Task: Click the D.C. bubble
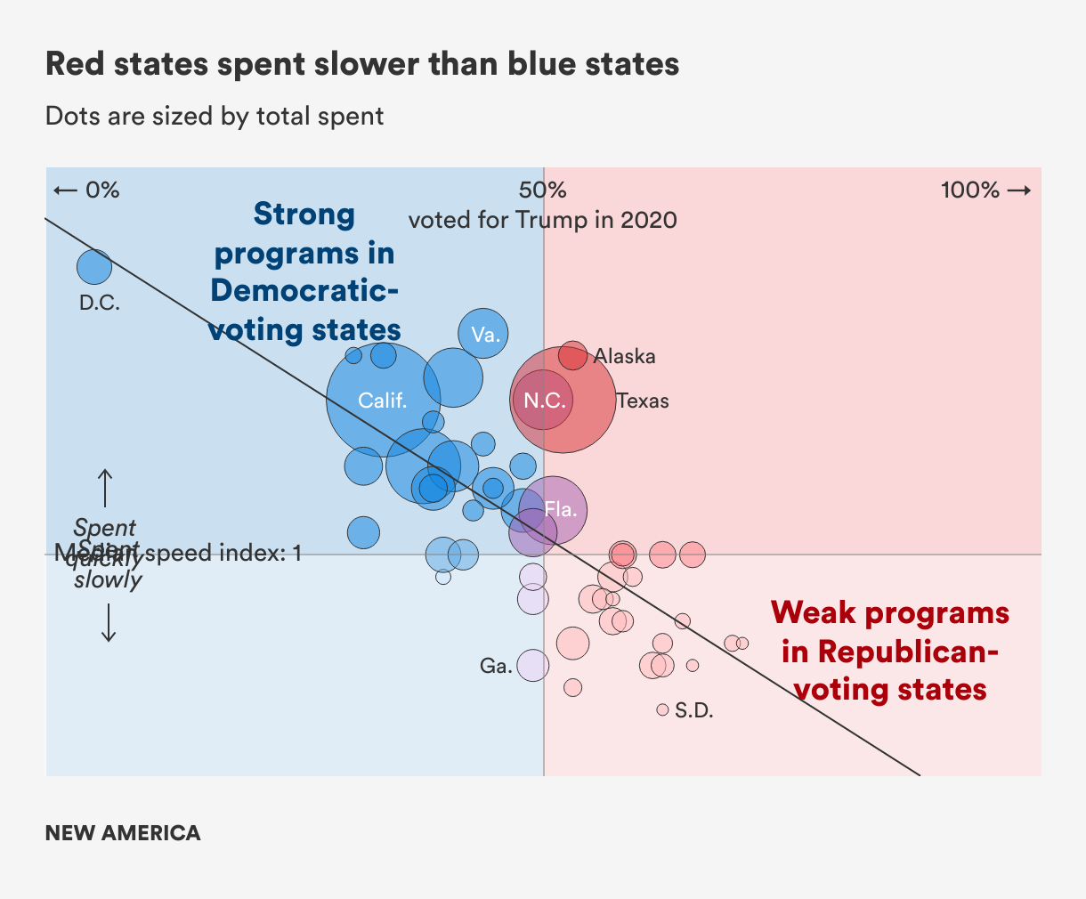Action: [x=94, y=266]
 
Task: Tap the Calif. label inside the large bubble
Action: [x=383, y=401]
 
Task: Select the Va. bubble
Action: [x=483, y=334]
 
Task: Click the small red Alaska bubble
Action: [x=572, y=355]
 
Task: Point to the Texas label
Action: [x=643, y=401]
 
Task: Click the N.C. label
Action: [x=544, y=401]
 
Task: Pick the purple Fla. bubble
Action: [x=554, y=510]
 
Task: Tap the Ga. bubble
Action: [x=532, y=665]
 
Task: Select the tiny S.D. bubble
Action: [x=662, y=709]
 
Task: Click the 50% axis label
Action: [x=543, y=190]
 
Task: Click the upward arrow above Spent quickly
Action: [x=105, y=487]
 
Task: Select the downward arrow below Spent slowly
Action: [x=109, y=622]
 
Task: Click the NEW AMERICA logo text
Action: [x=123, y=833]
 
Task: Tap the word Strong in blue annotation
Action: [x=304, y=215]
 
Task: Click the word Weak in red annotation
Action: [x=813, y=613]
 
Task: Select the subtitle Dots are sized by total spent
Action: [x=215, y=117]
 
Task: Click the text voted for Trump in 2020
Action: [x=543, y=220]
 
